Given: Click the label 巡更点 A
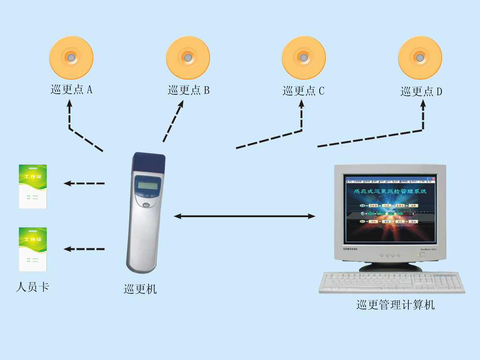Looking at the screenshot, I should tap(71, 90).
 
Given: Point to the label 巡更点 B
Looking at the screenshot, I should tap(188, 90).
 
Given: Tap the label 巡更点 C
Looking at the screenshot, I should tap(303, 90).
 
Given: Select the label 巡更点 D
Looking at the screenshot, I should tap(421, 91).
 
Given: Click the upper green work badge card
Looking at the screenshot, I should tap(33, 186).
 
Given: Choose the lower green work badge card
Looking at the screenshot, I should tap(33, 249).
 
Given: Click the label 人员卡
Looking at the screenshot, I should tap(32, 287).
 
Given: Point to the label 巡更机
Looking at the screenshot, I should tap(140, 289).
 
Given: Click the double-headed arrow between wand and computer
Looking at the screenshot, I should tap(244, 216).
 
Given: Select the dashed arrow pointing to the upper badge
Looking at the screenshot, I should tap(84, 183).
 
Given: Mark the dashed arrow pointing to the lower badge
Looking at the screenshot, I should tap(84, 249).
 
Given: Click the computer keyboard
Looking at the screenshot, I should tap(391, 283).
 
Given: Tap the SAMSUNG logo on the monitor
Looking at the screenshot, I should tap(349, 248).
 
